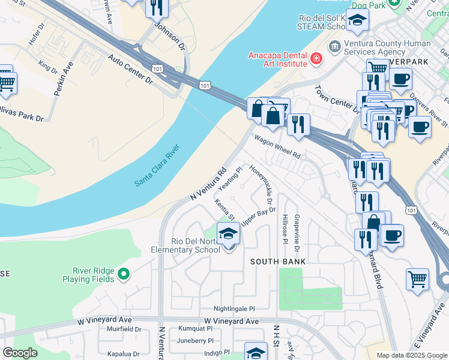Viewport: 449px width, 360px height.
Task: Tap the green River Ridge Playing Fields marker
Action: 124,274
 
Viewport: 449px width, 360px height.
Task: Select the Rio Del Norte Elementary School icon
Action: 228,233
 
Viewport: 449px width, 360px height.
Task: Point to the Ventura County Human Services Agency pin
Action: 334,46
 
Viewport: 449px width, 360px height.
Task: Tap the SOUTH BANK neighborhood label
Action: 278,262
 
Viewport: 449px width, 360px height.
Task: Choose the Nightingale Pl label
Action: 231,307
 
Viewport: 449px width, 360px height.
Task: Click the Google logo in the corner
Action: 20,353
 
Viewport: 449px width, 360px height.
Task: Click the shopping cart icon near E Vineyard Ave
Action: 418,279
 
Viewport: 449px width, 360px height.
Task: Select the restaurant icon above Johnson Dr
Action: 157,7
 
